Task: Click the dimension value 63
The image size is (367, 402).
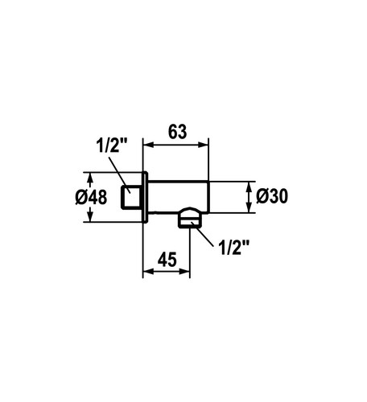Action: (x=177, y=132)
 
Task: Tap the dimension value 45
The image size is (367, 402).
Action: (x=167, y=259)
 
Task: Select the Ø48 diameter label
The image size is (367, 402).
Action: (x=91, y=197)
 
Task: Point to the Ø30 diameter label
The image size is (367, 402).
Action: (x=272, y=196)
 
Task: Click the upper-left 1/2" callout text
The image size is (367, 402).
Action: (x=111, y=146)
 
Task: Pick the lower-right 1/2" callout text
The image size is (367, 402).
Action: (x=234, y=248)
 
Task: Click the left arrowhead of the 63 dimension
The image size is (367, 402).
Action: (x=148, y=145)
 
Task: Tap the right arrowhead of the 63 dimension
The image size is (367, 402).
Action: (x=203, y=145)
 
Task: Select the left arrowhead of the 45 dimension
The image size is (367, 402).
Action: (x=148, y=271)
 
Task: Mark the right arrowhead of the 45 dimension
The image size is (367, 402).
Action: (x=184, y=271)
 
